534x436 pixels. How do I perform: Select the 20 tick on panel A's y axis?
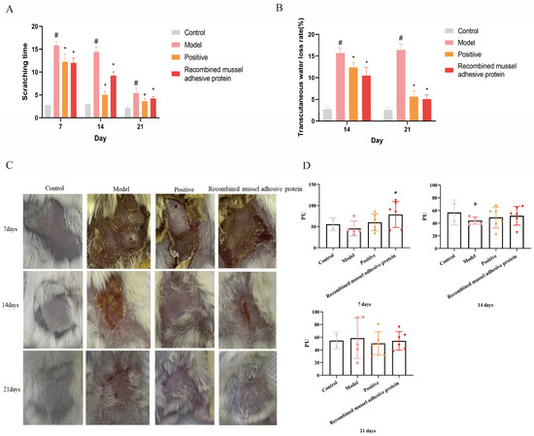[x=31, y=21]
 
